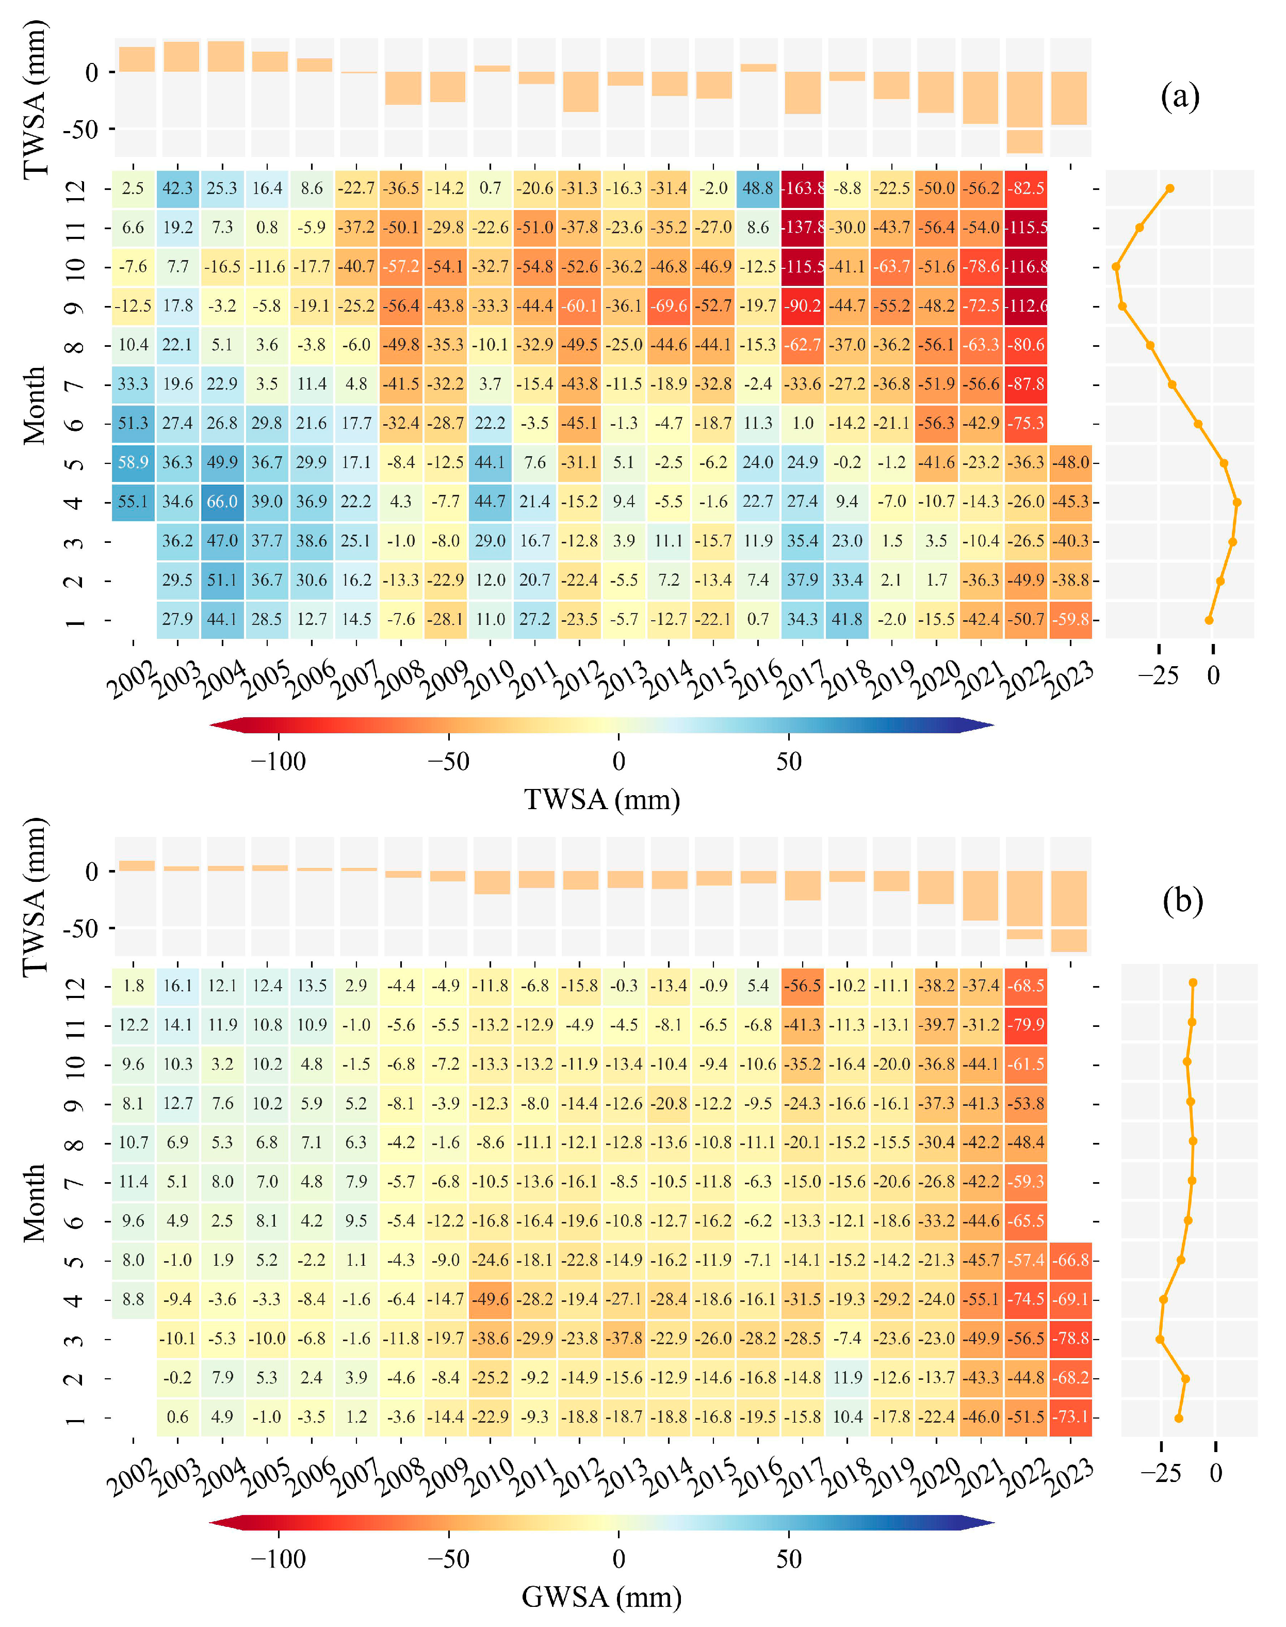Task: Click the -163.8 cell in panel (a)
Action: point(803,188)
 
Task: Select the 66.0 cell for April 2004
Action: point(222,502)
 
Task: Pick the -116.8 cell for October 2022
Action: point(1025,267)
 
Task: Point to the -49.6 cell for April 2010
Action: point(490,1299)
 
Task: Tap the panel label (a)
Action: point(1179,96)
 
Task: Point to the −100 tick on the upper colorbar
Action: point(279,762)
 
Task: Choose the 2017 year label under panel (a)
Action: point(801,680)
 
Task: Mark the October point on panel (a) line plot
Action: point(1116,267)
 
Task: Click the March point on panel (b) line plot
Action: point(1160,1339)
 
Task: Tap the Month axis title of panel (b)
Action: point(35,1203)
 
